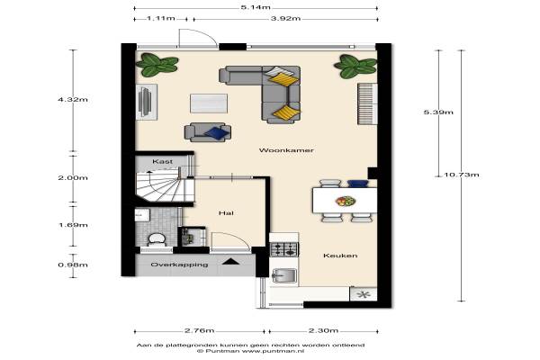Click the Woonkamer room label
pyautogui.click(x=286, y=150)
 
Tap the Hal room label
pyautogui.click(x=226, y=213)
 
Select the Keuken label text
pyautogui.click(x=340, y=256)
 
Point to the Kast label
pyautogui.click(x=163, y=161)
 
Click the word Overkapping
pyautogui.click(x=179, y=265)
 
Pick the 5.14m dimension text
pyautogui.click(x=256, y=7)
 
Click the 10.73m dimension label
pyautogui.click(x=461, y=175)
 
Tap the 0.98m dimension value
pyautogui.click(x=73, y=265)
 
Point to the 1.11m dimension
pyautogui.click(x=161, y=18)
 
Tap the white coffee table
pyautogui.click(x=209, y=103)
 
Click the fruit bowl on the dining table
pyautogui.click(x=346, y=201)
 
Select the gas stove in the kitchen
pyautogui.click(x=284, y=249)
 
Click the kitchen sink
pyautogui.click(x=284, y=275)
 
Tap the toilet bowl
pyautogui.click(x=157, y=239)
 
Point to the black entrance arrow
pyautogui.click(x=230, y=262)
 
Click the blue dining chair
pyautogui.click(x=358, y=184)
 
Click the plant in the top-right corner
pyautogui.click(x=355, y=66)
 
